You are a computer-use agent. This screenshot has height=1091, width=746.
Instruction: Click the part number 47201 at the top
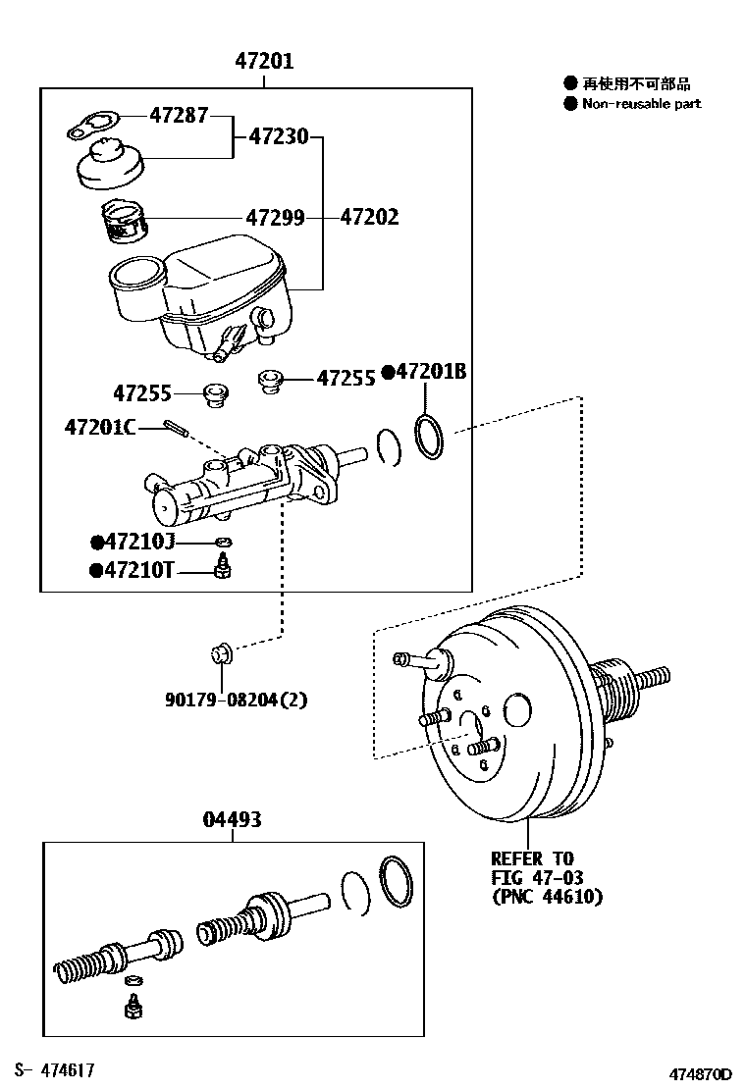coord(263,62)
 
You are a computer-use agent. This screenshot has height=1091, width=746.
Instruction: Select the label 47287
coord(179,116)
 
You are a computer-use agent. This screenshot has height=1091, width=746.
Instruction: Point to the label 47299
coord(275,217)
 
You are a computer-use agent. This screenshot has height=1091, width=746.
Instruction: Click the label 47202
coord(369,217)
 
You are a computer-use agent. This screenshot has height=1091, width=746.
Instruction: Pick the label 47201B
coord(429,372)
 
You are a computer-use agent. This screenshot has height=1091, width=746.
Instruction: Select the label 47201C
coord(100,427)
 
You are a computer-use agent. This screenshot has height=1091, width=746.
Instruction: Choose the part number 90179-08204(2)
coord(236,700)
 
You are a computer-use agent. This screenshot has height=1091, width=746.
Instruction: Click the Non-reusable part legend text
coord(641,104)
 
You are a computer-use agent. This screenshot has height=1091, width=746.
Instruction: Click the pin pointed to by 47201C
coord(178,427)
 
